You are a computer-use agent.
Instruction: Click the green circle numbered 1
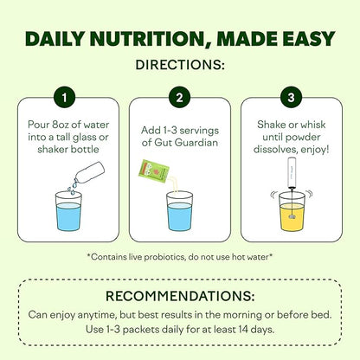(x=67, y=97)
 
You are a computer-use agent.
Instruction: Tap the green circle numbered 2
(x=180, y=97)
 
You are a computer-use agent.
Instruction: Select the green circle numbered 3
(x=292, y=97)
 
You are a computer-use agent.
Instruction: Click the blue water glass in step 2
(x=179, y=211)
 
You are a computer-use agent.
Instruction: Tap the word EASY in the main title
(x=307, y=40)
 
